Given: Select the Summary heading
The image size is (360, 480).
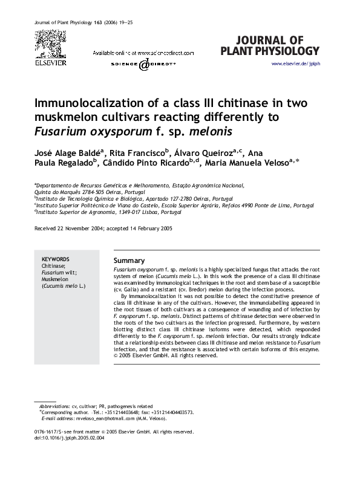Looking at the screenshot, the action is coord(129,260).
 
